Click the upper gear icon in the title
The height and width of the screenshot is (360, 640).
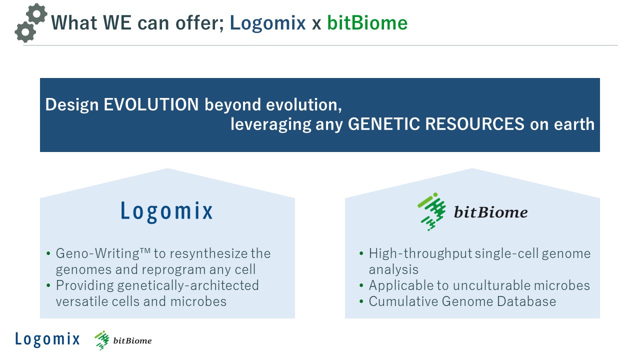click(36, 13)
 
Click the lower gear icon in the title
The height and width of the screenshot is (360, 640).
click(25, 31)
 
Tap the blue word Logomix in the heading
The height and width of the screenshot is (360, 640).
click(267, 23)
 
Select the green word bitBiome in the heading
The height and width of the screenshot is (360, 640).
click(367, 23)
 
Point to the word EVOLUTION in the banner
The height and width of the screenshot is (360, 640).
click(151, 104)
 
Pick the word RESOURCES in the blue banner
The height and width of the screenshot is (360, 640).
click(475, 124)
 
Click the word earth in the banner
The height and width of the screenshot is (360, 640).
click(574, 124)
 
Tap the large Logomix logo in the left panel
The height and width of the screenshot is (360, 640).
click(167, 211)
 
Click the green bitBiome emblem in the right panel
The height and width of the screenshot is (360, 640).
click(431, 211)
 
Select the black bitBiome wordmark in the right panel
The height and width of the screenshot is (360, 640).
click(491, 212)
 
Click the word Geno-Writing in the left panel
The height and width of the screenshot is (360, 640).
click(97, 253)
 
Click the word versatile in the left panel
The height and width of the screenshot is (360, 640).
click(82, 301)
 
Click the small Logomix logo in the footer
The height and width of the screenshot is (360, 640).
click(47, 339)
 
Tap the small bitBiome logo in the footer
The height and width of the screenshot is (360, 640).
click(123, 340)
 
